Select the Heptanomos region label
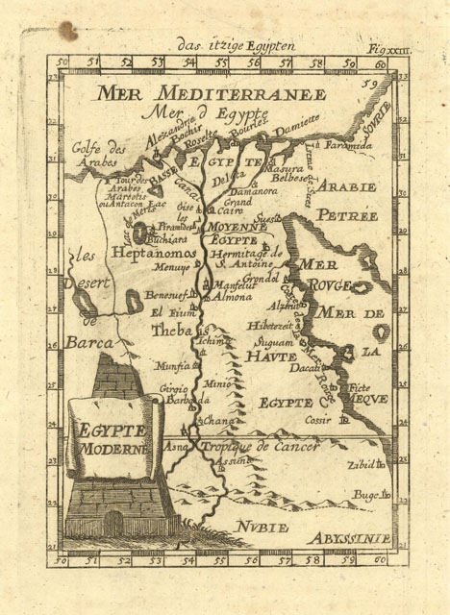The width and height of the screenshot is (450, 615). click(x=154, y=252)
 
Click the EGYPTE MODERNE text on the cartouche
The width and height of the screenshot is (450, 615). click(x=112, y=439)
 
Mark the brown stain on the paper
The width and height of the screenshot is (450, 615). click(x=67, y=32)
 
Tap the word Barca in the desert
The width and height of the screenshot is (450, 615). click(x=89, y=341)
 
